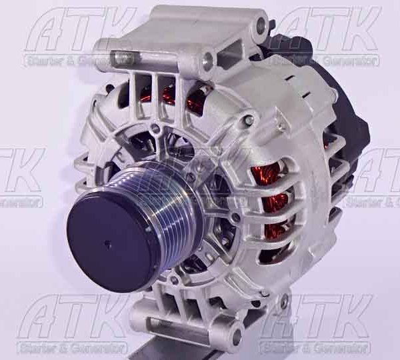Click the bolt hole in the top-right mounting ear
[261, 25]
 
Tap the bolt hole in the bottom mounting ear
[237, 333]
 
